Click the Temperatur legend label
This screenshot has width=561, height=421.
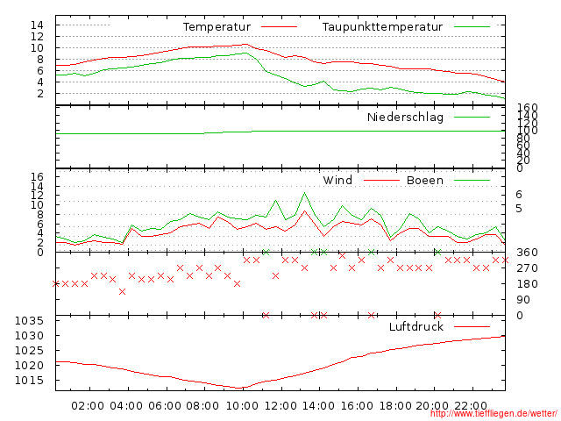tap(217, 27)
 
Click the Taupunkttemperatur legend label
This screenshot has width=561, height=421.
tap(382, 27)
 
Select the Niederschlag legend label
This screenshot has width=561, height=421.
tap(405, 117)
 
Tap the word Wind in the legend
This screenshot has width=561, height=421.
tap(337, 181)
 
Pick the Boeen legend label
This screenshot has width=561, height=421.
tap(425, 181)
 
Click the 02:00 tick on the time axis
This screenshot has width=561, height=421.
tap(89, 406)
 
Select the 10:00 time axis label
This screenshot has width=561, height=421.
tap(240, 406)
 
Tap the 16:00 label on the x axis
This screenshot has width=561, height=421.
tap(356, 406)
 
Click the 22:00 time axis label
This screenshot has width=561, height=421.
tap(470, 406)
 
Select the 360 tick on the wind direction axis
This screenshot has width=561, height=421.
tap(526, 253)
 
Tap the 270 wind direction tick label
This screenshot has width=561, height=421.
tap(526, 268)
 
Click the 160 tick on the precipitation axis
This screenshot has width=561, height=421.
tap(526, 108)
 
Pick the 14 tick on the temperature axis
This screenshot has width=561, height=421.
tap(37, 25)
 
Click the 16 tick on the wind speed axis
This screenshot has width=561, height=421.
tap(37, 176)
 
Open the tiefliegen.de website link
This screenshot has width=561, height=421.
tap(494, 415)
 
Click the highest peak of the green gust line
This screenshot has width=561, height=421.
tap(304, 193)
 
